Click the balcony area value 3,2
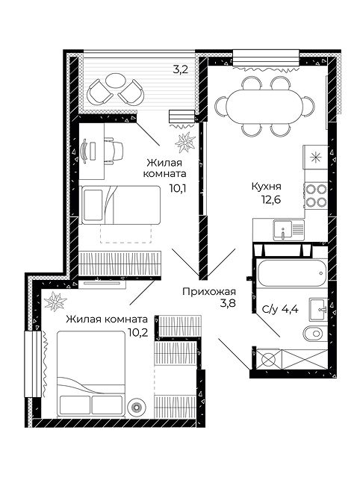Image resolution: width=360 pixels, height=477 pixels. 180,70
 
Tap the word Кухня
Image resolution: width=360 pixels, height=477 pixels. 267,186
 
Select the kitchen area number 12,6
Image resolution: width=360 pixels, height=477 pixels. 270,199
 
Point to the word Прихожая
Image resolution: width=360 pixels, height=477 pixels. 209,292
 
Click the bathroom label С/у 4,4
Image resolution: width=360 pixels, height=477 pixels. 279,309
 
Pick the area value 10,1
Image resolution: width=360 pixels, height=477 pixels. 178,188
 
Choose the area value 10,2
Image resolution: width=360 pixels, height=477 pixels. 138,332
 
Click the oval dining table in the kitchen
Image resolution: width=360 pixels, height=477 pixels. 264,107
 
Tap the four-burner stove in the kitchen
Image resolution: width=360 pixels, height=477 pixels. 316,196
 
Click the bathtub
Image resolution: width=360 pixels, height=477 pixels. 292,273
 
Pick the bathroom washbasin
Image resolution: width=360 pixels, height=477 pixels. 318,309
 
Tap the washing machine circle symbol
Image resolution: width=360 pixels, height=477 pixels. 267,359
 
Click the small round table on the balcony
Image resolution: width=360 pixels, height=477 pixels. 115,81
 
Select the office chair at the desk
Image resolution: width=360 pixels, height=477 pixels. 114,151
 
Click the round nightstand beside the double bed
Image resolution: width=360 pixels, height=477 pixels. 137,407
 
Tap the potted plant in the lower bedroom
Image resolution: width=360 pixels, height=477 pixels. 55,301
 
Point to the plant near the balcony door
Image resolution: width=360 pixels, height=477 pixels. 185,142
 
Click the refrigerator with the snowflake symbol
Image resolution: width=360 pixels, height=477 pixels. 315,158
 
